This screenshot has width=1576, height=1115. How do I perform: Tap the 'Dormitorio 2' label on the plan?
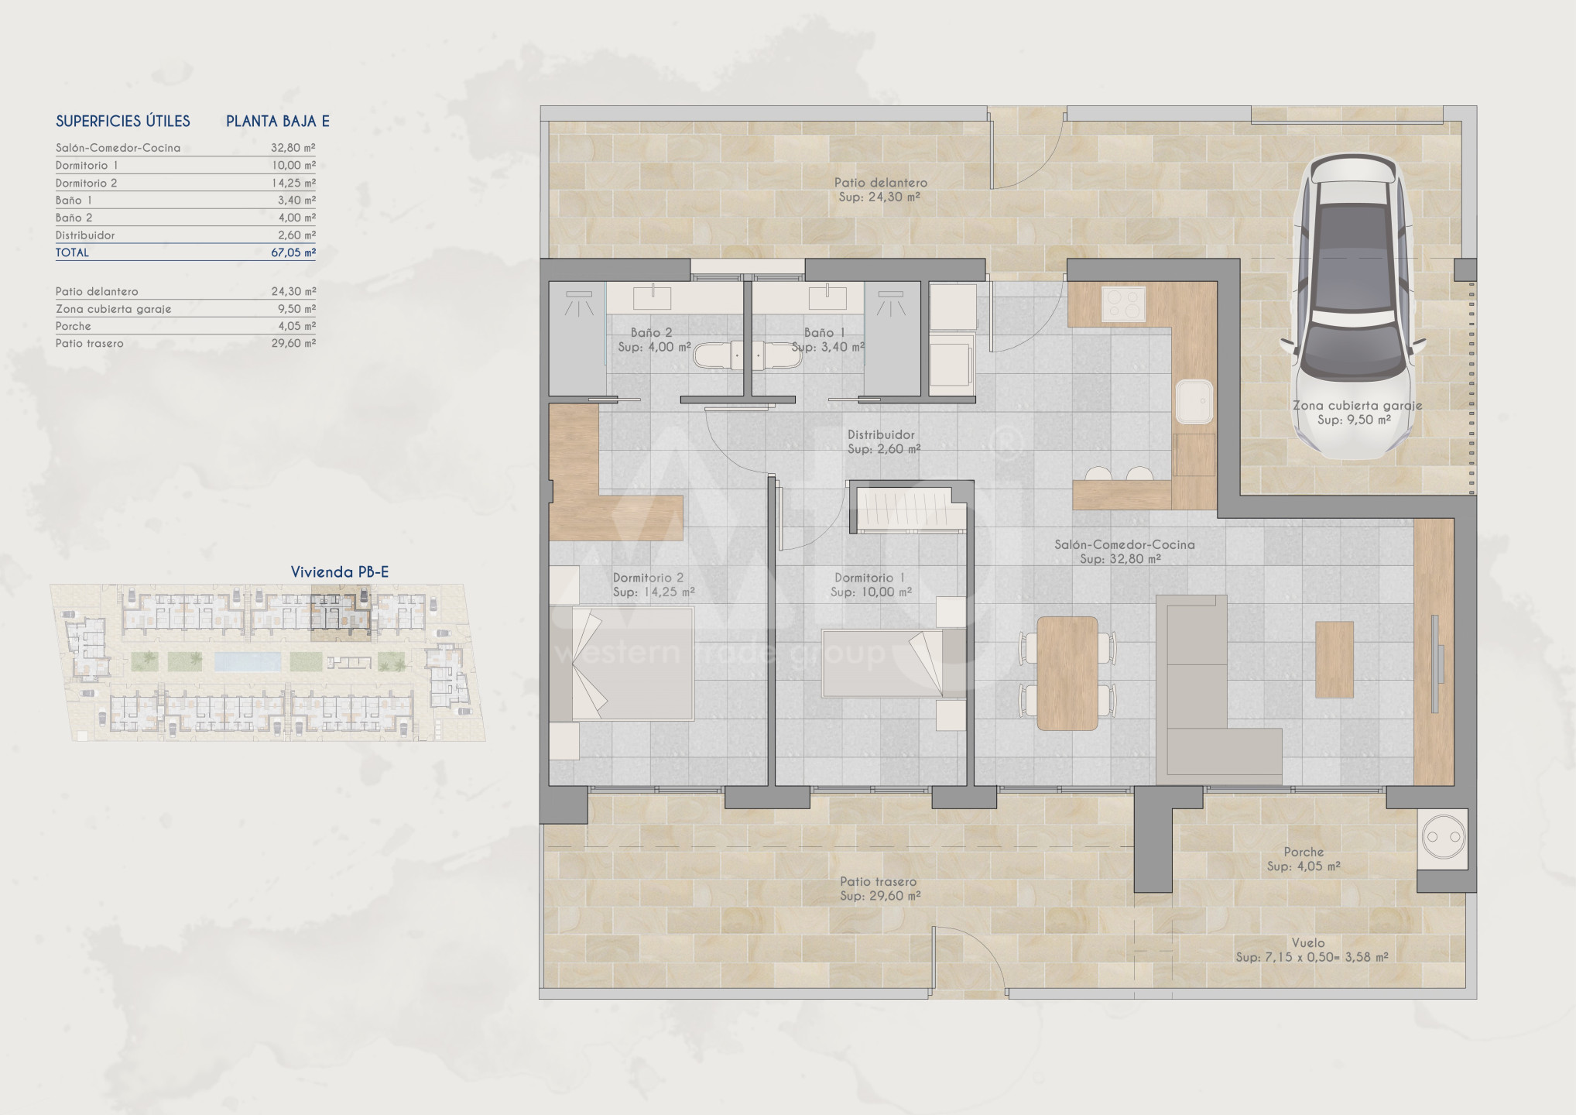click(648, 578)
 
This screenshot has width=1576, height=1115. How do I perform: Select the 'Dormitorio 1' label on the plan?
click(869, 578)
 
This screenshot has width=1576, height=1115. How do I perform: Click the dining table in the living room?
click(1067, 673)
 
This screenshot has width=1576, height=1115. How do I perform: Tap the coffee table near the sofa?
click(1334, 659)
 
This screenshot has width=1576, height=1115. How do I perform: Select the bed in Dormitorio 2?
click(632, 664)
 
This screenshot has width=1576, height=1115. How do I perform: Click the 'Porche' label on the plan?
click(1304, 852)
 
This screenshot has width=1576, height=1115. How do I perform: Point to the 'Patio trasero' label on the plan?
click(879, 881)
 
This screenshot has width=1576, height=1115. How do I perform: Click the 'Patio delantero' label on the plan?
click(881, 183)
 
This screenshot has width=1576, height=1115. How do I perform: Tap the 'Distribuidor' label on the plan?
click(881, 435)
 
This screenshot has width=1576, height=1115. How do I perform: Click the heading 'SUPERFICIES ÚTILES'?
click(123, 121)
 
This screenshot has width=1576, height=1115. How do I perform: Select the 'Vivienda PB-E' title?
click(340, 572)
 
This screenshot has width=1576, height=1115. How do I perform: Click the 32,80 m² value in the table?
click(293, 148)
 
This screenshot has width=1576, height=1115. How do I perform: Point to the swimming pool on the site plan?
click(248, 660)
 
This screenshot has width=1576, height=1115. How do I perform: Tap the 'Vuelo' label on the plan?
click(1308, 943)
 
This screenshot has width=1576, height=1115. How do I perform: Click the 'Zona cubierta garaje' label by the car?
click(1358, 406)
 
